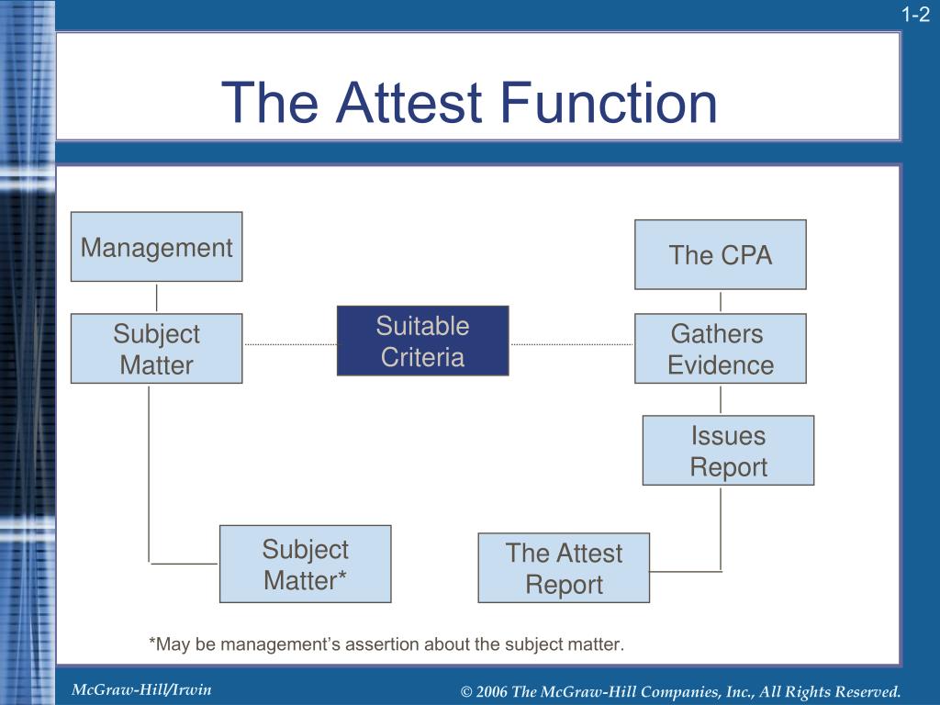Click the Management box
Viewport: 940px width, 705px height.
click(x=156, y=247)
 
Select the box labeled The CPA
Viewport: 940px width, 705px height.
click(x=720, y=254)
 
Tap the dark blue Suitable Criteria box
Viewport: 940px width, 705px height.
click(x=422, y=341)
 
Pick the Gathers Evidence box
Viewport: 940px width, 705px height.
click(x=720, y=349)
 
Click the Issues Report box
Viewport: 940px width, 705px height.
click(x=728, y=451)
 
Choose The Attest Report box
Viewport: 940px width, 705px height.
click(x=564, y=568)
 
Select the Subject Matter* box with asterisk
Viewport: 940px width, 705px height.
click(x=305, y=565)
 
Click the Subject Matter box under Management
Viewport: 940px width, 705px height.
click(x=156, y=349)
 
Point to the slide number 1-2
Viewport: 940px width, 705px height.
click(x=915, y=14)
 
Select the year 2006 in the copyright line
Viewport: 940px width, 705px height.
click(x=492, y=691)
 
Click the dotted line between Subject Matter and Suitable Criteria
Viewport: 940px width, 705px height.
click(x=289, y=344)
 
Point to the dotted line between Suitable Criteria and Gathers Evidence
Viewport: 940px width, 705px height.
click(x=571, y=344)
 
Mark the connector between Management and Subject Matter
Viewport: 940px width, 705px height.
click(x=157, y=297)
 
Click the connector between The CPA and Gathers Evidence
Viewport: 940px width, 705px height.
click(x=721, y=301)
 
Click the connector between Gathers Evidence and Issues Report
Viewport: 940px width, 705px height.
click(x=721, y=399)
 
